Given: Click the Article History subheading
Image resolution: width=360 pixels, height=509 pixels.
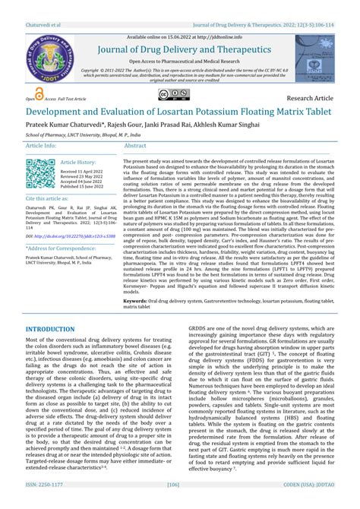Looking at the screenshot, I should pos(78,162).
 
